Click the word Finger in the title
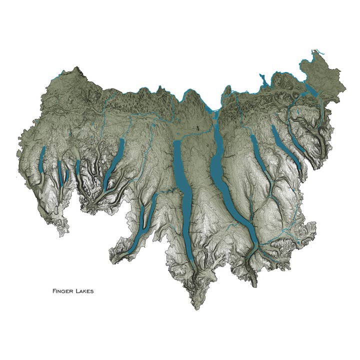[62, 290]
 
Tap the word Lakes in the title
[84, 290]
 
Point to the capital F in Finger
[53, 290]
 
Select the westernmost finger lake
[42, 160]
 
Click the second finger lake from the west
[59, 172]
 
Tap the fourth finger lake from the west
[78, 170]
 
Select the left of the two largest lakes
[182, 195]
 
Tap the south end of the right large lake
[253, 245]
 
